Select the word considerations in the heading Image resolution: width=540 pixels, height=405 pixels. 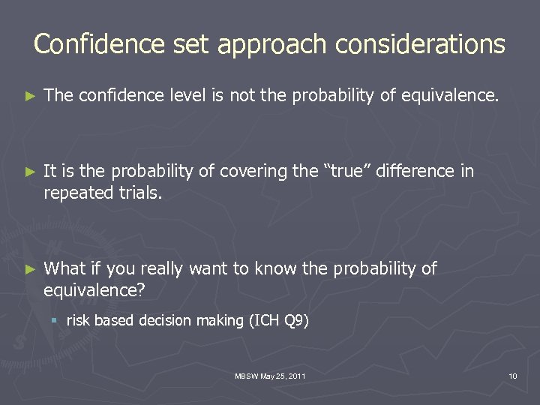(420, 44)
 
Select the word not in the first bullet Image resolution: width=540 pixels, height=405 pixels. (241, 96)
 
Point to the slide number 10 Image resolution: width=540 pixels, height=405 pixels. (512, 375)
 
